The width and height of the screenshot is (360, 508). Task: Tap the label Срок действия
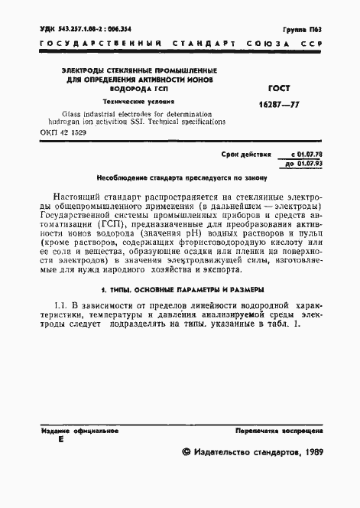coord(246,155)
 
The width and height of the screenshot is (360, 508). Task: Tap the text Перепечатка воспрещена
coord(279,431)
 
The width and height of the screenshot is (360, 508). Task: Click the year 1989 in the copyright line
coord(308,454)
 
